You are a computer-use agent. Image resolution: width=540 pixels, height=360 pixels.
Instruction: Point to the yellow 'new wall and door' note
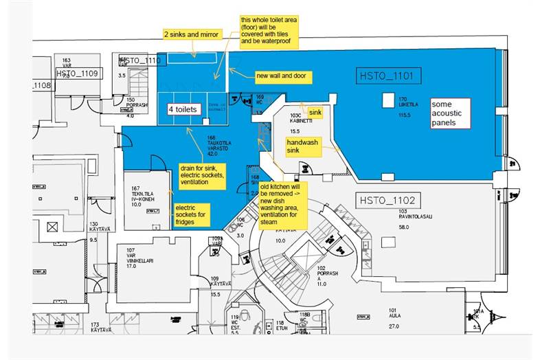click(x=283, y=75)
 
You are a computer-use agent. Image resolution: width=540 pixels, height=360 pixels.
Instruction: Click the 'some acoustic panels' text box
click(x=451, y=113)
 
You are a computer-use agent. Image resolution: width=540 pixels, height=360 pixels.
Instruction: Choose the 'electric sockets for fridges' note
click(x=191, y=214)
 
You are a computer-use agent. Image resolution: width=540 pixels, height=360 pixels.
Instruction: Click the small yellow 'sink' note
click(x=315, y=111)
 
